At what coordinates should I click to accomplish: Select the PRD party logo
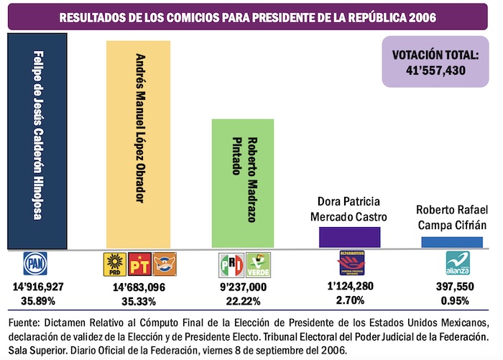pos(114,265)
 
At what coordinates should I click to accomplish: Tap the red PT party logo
pos(139,265)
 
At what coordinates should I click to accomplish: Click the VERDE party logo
pos(257,265)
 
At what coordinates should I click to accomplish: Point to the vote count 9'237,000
pos(242,286)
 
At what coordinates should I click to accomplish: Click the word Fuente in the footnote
pos(24,320)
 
